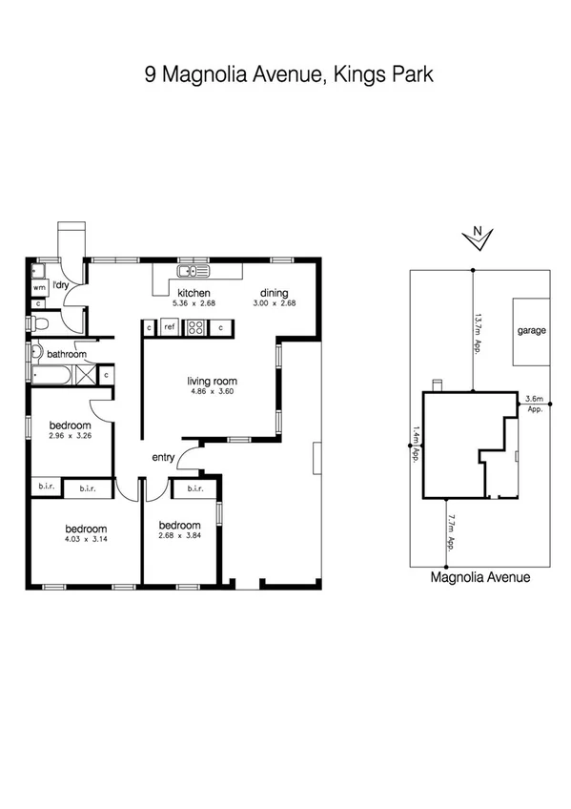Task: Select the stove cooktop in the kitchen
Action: pos(196,327)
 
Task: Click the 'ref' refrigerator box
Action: pos(170,327)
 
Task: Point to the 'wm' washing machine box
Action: pos(39,286)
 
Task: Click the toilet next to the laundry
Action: pos(39,324)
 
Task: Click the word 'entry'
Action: pos(163,458)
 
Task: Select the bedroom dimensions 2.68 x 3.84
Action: pos(179,536)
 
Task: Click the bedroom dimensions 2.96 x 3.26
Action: pos(71,436)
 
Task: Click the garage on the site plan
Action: pos(531,331)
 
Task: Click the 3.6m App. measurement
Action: pos(535,403)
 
